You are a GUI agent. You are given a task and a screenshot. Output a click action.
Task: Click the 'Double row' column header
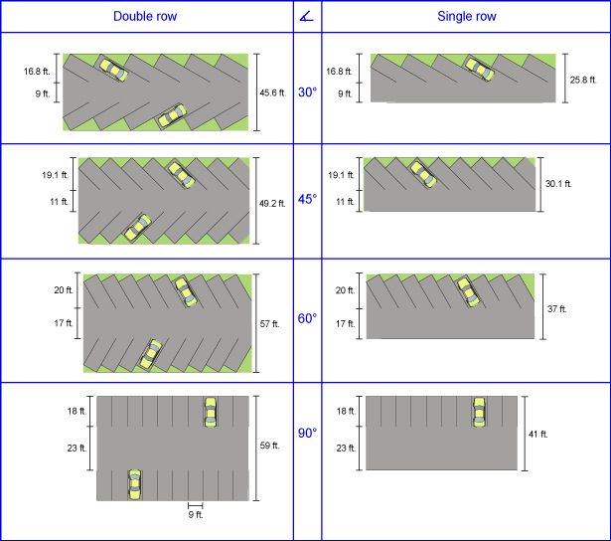pos(145,17)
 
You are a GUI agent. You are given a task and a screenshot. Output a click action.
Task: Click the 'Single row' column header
pos(466,17)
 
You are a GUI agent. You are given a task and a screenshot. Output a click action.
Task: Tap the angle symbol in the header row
pos(307,17)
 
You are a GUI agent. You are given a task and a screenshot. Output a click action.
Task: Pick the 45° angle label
pos(307,200)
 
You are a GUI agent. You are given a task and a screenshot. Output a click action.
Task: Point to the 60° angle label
pos(307,318)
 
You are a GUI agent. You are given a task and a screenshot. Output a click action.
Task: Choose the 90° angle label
pos(307,433)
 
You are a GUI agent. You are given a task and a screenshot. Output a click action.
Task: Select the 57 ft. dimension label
pos(269,323)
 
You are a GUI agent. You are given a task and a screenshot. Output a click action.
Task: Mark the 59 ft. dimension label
pos(269,446)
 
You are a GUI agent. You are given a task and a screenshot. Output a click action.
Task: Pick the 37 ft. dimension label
pos(556,309)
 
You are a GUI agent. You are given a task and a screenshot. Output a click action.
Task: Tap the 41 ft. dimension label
pos(537,435)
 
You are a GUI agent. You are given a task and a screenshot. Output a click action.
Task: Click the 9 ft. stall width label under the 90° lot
pos(195,514)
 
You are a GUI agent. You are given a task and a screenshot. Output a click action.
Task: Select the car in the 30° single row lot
pos(479,70)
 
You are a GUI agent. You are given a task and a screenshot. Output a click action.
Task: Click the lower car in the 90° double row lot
pos(134,484)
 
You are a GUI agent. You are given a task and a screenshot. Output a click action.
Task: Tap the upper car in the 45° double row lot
pos(181,174)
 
